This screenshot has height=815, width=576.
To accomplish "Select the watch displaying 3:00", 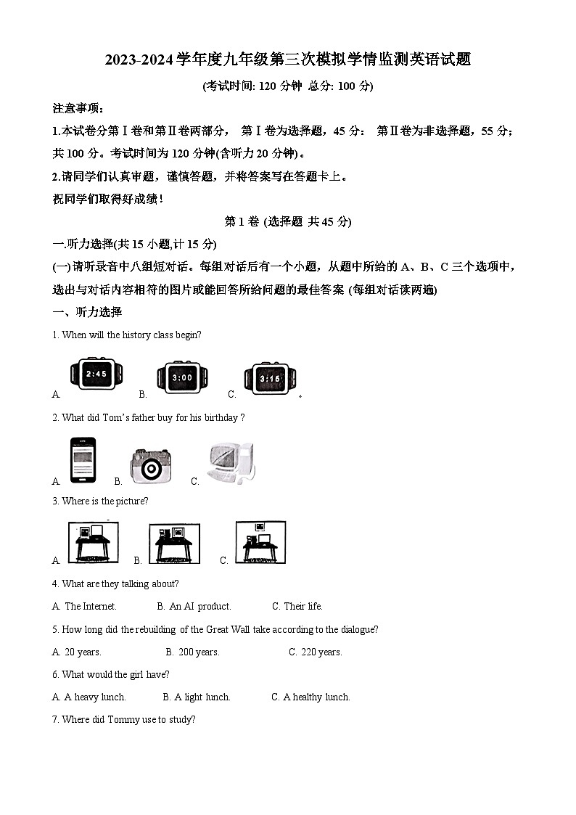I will pos(182,377).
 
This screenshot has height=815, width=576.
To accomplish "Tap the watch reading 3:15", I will pos(270,377).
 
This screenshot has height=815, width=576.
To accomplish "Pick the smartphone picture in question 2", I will pos(83,460).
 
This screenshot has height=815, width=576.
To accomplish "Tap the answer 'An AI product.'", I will pos(199,606).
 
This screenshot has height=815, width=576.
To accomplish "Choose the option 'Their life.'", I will pos(303,606).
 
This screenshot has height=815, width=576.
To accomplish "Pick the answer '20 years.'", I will pos(83,652).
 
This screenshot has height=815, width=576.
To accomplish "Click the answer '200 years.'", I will pos(198,652).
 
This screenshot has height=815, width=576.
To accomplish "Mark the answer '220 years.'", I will pos(321,652).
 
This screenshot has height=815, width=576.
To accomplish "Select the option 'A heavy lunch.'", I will pos(95,697).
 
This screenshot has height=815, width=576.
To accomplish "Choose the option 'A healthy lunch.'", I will pos(316,697).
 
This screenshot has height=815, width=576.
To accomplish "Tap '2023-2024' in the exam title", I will pos(139,60).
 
